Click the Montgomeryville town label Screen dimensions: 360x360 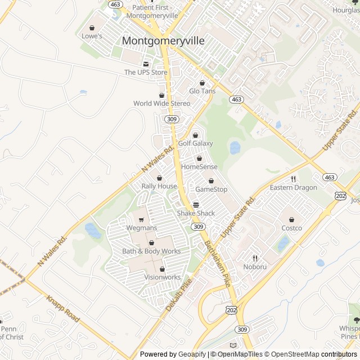pyautogui.click(x=163, y=41)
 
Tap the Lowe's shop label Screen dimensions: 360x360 pyautogui.click(x=92, y=36)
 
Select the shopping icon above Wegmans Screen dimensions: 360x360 pyautogui.click(x=141, y=220)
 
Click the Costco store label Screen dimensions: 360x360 pyautogui.click(x=291, y=228)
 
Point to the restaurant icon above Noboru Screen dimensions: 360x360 pyautogui.click(x=255, y=259)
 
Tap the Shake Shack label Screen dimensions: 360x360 pyautogui.click(x=196, y=213)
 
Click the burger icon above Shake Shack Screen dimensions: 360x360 pyautogui.click(x=196, y=205)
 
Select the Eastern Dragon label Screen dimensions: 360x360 pyautogui.click(x=293, y=187)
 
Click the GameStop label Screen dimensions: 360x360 pyautogui.click(x=211, y=190)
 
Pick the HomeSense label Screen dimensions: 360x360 pyautogui.click(x=199, y=167)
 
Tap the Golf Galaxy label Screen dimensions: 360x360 pyautogui.click(x=195, y=143)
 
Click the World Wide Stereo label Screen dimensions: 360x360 pyautogui.click(x=161, y=103)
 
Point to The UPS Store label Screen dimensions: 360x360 pyautogui.click(x=146, y=72)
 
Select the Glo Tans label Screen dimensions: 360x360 pyautogui.click(x=202, y=91)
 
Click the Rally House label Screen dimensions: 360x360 pyautogui.click(x=159, y=186)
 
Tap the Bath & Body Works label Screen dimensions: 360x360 pyautogui.click(x=151, y=251)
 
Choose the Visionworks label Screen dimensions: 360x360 pyautogui.click(x=163, y=277)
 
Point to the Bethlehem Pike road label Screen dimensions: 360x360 pyautogui.click(x=218, y=264)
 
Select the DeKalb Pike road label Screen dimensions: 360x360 pyautogui.click(x=179, y=294)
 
